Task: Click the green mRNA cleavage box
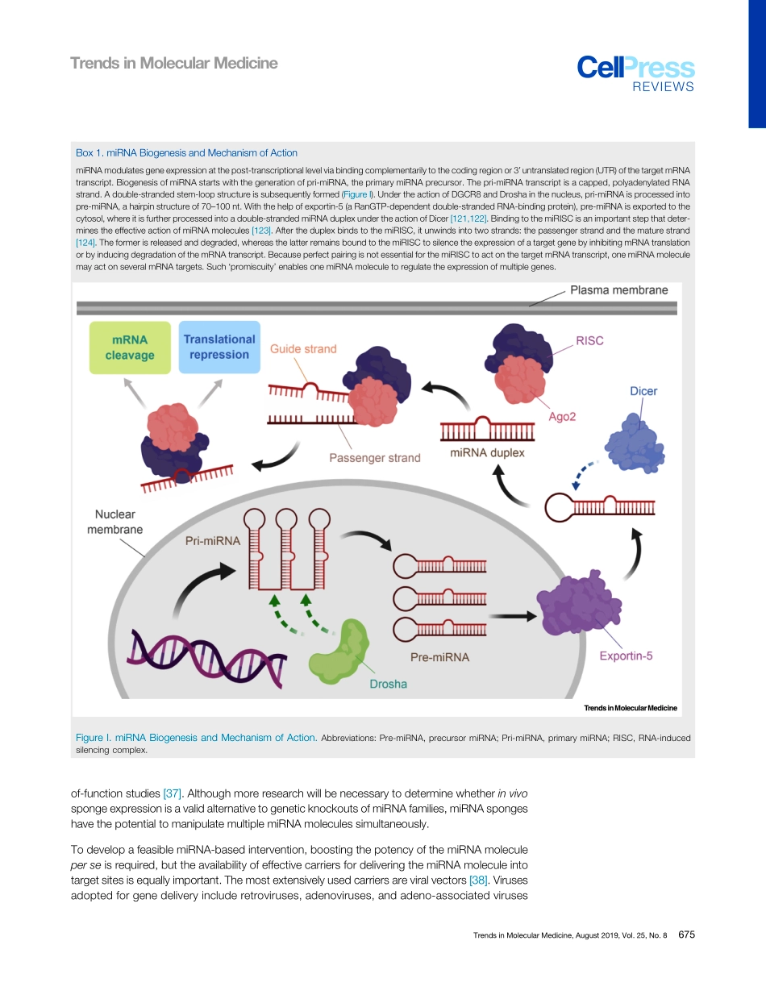click(x=130, y=348)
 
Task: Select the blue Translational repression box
click(x=219, y=347)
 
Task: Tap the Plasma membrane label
click(x=618, y=291)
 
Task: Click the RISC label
click(x=589, y=341)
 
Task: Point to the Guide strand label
click(x=303, y=349)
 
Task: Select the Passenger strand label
click(x=374, y=458)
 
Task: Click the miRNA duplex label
click(x=487, y=453)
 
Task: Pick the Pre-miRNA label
click(x=439, y=657)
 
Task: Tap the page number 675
click(x=686, y=935)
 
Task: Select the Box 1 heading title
click(x=186, y=152)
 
